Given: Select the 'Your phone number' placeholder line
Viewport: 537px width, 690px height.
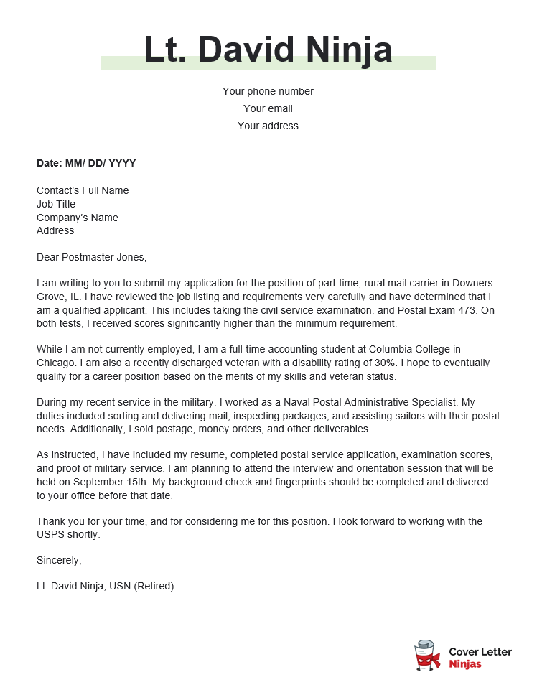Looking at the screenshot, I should (268, 91).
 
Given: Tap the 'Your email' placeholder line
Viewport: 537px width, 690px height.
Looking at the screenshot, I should (268, 108).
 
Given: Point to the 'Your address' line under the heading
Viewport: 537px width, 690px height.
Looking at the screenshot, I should (268, 126).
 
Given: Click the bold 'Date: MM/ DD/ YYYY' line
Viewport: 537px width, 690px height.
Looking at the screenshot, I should (86, 163).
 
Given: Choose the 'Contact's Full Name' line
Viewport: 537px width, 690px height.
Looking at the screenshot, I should (83, 190).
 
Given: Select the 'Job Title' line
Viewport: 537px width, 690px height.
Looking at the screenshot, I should (56, 204).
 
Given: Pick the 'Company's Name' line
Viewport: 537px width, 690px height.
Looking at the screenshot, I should (78, 218).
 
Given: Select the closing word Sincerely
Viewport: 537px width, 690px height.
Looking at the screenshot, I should (59, 559).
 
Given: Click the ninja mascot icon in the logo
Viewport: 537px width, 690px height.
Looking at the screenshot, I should (427, 656).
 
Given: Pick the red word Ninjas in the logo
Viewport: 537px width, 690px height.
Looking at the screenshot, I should (465, 664).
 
